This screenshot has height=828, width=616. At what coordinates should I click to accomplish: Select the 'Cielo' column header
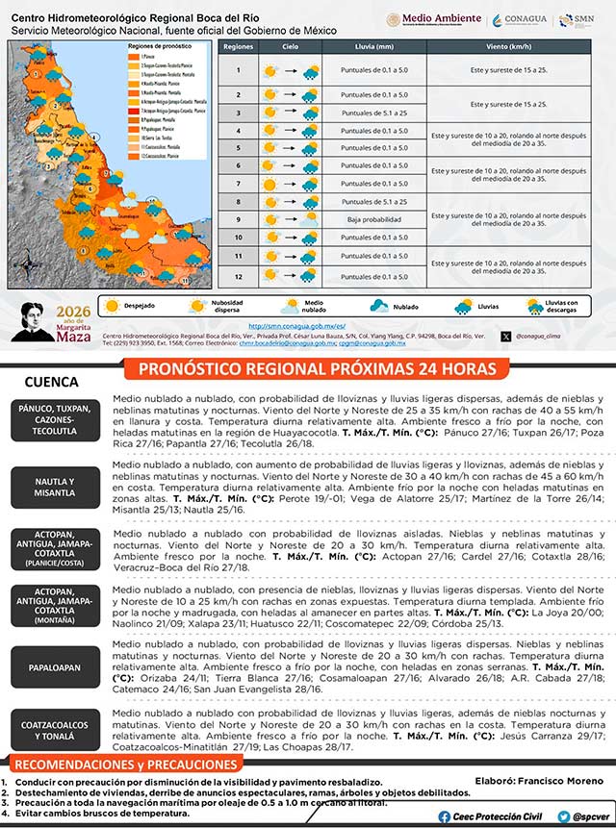(x=291, y=46)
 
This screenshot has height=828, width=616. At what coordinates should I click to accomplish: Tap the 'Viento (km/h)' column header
(x=508, y=46)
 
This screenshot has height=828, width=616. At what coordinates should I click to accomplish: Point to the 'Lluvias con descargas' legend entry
(x=555, y=306)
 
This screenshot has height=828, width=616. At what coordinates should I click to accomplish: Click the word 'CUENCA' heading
(x=51, y=381)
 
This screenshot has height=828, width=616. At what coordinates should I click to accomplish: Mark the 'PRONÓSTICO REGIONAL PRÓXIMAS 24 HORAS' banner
(x=317, y=369)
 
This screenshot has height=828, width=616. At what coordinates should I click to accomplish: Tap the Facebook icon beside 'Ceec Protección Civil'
(x=445, y=815)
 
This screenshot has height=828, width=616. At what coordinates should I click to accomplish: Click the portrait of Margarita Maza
(x=38, y=321)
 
